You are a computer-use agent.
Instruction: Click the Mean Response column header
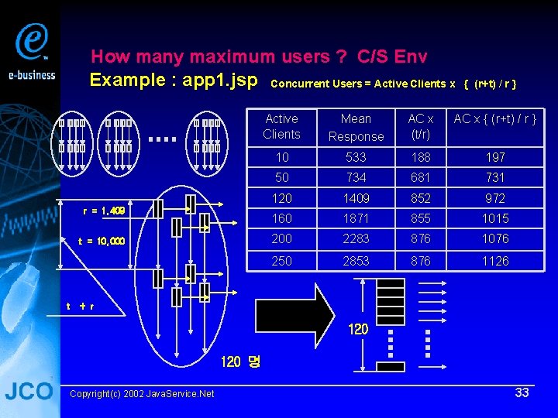coord(356,127)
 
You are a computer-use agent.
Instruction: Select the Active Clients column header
coord(281,126)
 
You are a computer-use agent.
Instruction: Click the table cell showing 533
coord(356,157)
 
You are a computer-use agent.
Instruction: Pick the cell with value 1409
coord(356,198)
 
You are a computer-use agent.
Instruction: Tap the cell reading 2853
coord(356,261)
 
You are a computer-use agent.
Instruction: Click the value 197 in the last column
coord(495,157)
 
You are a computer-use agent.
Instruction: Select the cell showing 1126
coord(495,261)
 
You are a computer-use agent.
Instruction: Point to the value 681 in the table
coord(421,178)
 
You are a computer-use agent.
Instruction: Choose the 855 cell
coord(421,218)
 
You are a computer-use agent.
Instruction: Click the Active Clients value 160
coord(281,218)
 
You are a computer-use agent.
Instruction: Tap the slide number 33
coord(522,392)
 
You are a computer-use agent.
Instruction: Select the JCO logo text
coord(29,392)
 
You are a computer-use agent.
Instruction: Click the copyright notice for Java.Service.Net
coord(142,394)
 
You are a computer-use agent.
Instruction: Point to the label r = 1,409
coord(104,211)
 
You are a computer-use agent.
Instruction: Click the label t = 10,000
coord(101,241)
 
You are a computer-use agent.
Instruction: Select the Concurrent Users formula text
coord(394,83)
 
